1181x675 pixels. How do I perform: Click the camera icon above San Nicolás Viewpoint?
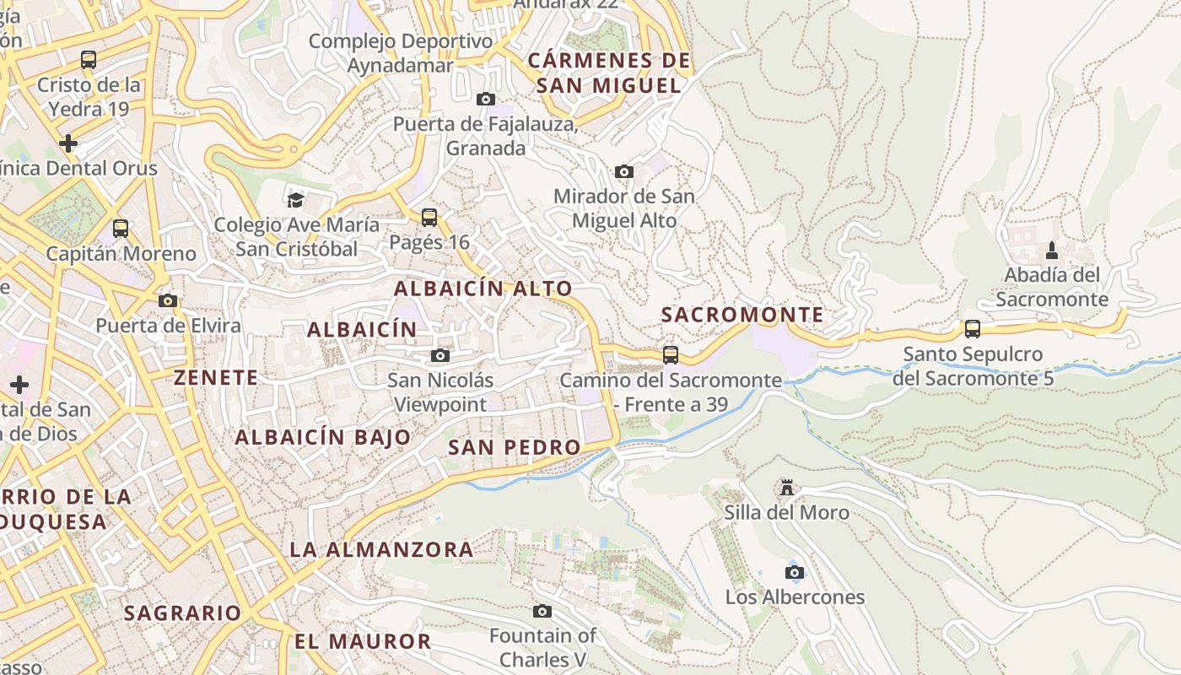click(440, 355)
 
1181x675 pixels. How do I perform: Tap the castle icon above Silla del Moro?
click(787, 488)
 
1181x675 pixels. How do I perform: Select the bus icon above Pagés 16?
click(429, 218)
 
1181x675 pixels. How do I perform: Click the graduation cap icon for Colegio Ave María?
click(295, 200)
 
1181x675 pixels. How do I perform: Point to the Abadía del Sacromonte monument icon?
click(1052, 251)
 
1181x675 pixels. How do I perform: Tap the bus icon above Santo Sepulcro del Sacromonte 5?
click(973, 329)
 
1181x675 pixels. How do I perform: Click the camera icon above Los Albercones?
click(794, 573)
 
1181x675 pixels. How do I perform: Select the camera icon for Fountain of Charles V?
click(542, 611)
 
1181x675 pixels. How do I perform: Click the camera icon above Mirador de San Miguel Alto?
click(624, 172)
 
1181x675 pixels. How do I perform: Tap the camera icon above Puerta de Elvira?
click(168, 301)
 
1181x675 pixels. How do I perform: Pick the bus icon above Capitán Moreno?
click(121, 229)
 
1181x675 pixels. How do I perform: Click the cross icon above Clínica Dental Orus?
click(68, 143)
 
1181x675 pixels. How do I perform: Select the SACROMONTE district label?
click(741, 315)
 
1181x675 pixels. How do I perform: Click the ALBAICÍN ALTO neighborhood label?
click(483, 289)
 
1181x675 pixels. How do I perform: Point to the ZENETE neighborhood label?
click(216, 377)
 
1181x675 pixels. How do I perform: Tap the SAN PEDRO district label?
click(514, 447)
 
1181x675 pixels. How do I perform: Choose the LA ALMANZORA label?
click(381, 549)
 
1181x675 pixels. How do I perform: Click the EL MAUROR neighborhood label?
click(363, 641)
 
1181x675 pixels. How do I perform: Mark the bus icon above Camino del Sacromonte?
click(671, 355)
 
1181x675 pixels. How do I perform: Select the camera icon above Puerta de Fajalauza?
click(486, 100)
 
